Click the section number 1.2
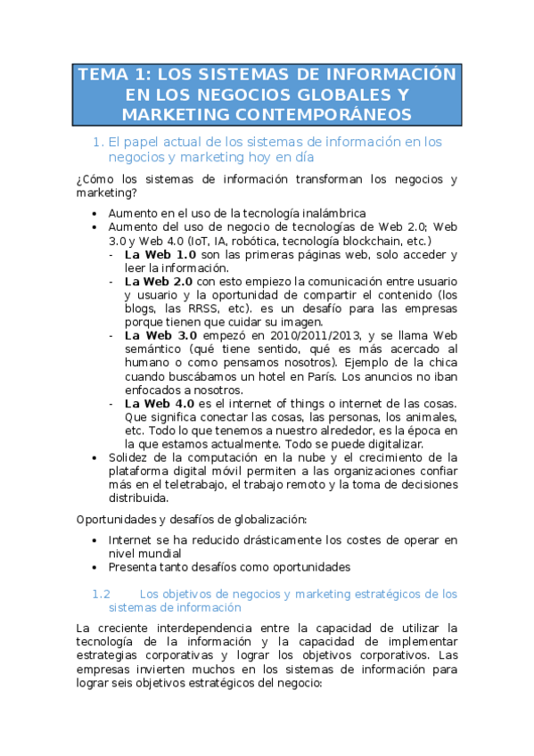[101, 593]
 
